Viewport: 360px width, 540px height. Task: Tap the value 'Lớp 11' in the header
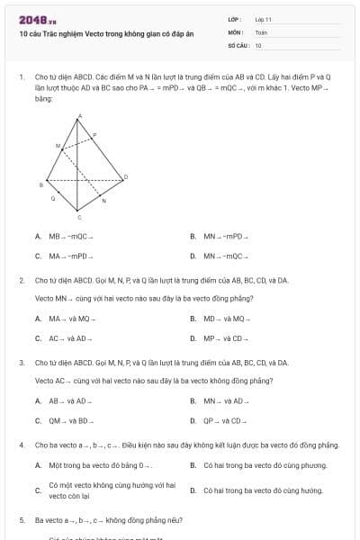click(x=264, y=18)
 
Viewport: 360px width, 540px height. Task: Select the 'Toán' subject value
click(x=261, y=31)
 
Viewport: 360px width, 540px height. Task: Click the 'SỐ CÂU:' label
click(x=237, y=45)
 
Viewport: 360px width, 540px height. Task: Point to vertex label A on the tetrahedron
click(x=79, y=116)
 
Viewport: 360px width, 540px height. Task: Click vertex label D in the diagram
click(x=125, y=175)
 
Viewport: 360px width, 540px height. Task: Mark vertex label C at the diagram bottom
click(x=78, y=218)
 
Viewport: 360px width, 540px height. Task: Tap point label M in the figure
click(x=58, y=144)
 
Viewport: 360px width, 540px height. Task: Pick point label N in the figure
click(x=103, y=201)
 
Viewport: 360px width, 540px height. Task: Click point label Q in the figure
click(x=52, y=199)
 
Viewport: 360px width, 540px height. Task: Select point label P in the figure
click(x=95, y=134)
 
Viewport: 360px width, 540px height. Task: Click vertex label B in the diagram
click(x=40, y=184)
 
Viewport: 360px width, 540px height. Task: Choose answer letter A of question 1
click(x=38, y=237)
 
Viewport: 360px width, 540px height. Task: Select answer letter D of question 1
click(x=193, y=256)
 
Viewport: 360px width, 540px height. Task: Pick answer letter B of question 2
click(x=193, y=319)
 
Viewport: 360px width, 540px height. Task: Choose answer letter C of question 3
click(x=38, y=420)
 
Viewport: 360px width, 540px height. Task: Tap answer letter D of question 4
click(x=193, y=490)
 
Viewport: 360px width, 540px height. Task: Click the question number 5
click(x=22, y=520)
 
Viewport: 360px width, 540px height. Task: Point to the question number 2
click(x=22, y=281)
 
